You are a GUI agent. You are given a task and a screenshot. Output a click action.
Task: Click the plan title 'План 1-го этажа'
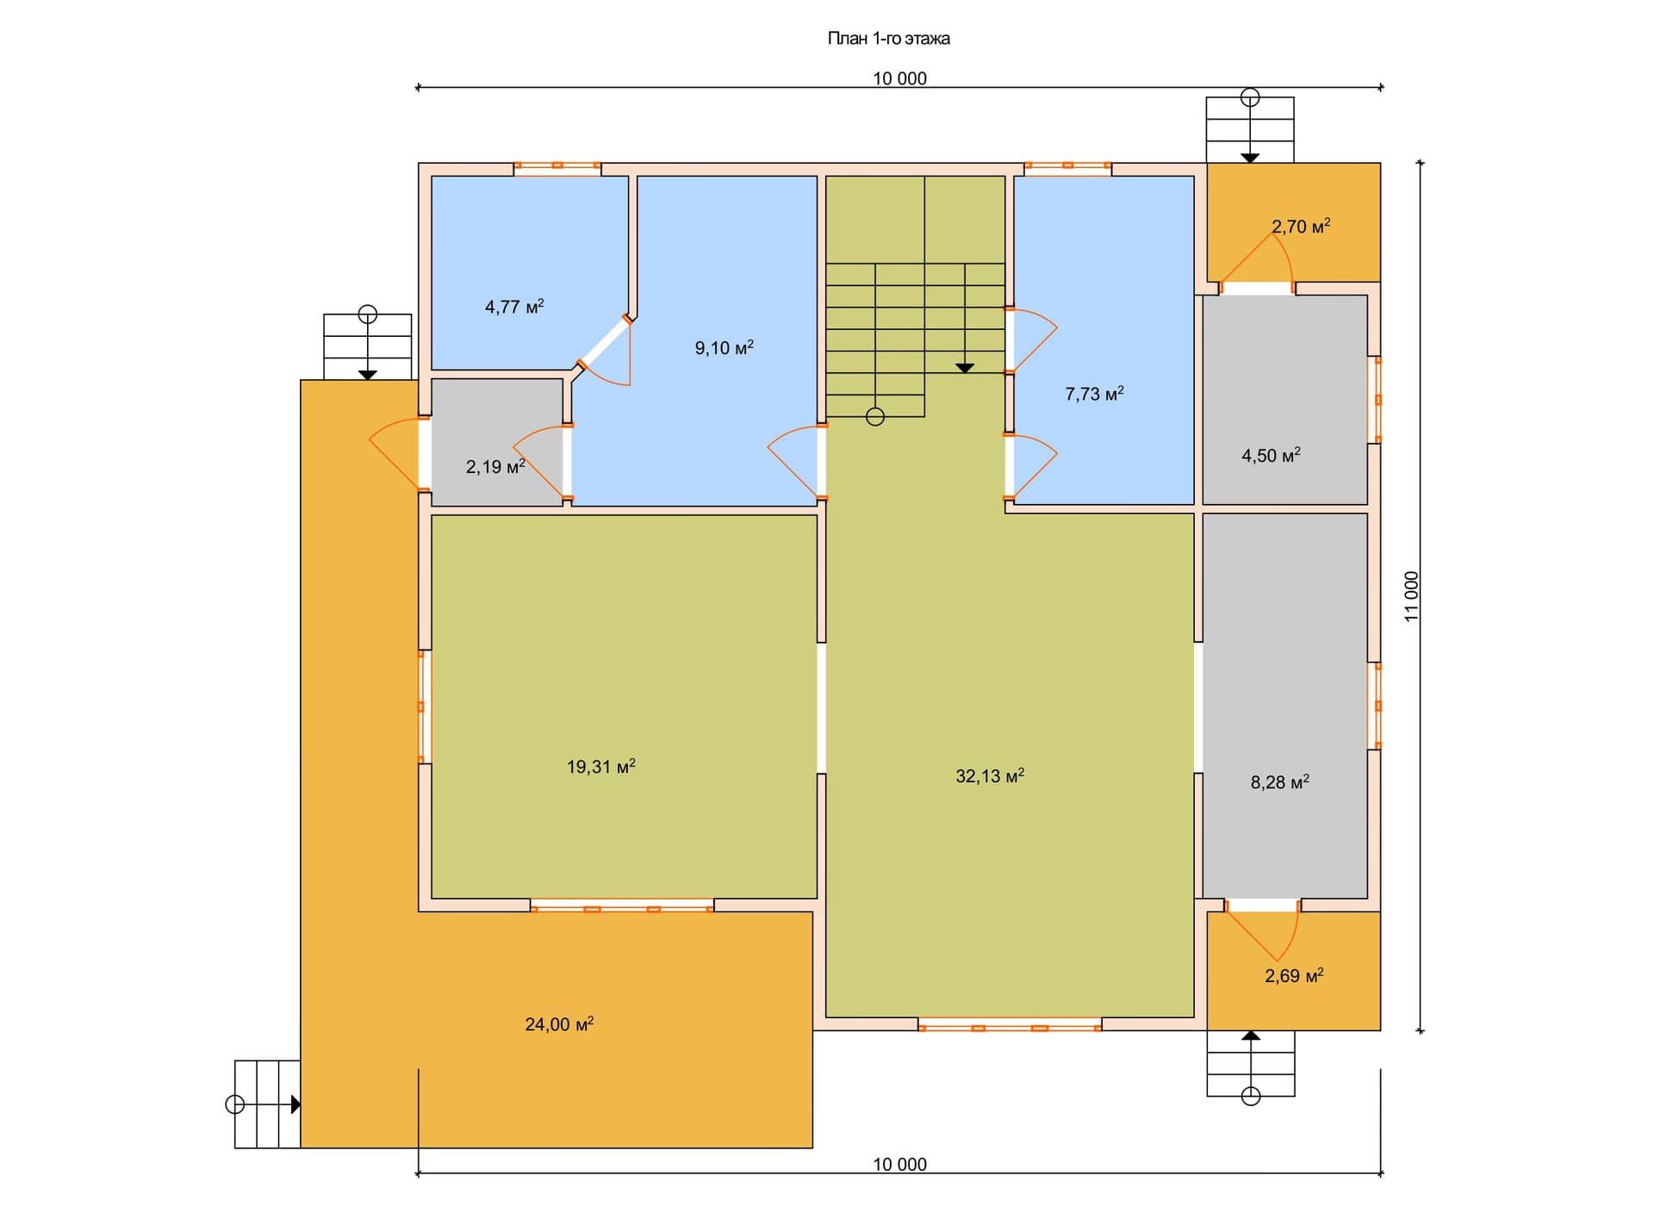[x=888, y=39]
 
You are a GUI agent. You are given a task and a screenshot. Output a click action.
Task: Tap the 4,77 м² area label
[x=514, y=307]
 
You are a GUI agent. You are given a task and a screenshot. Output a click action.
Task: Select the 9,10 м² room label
[x=724, y=348]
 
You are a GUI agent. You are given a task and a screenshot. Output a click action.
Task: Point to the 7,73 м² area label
[x=1095, y=395]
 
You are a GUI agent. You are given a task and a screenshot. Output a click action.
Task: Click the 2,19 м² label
[x=495, y=467]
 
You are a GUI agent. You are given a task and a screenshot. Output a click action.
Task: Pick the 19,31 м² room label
[x=601, y=767]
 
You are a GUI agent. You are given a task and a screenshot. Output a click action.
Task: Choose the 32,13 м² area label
[x=990, y=776]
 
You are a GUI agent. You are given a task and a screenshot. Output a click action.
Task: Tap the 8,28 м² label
[x=1280, y=782]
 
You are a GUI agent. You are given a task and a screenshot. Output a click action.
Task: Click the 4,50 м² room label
[x=1272, y=456]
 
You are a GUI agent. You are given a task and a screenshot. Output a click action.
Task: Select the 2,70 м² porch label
[x=1301, y=227]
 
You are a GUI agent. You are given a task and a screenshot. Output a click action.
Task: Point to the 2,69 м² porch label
[x=1294, y=976]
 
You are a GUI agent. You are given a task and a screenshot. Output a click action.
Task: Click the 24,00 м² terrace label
[x=559, y=1024]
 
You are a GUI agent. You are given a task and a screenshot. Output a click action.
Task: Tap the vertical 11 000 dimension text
[x=1411, y=596]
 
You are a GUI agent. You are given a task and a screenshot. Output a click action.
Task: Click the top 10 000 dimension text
[x=900, y=78]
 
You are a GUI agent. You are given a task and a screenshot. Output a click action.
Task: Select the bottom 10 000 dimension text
[x=900, y=1165]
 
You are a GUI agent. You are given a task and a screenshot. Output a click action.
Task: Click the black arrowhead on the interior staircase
[x=965, y=368]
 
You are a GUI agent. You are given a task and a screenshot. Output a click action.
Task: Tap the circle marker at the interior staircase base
[x=875, y=418]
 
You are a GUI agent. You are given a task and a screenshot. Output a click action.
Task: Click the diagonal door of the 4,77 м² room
[x=603, y=343]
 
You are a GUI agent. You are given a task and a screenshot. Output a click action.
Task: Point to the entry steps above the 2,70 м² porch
[x=1250, y=129]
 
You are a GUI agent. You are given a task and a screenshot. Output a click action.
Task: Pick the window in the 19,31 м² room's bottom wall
[x=622, y=905]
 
